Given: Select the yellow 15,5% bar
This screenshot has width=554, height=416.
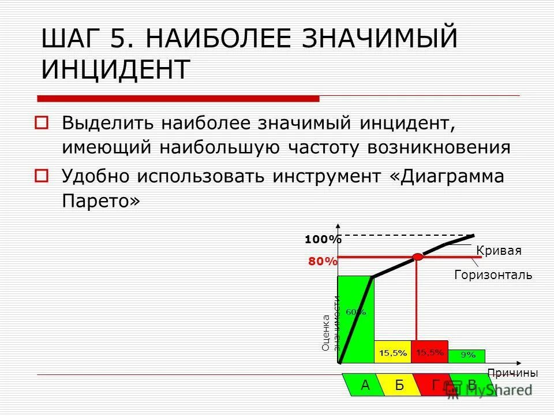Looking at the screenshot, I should pos(393,352).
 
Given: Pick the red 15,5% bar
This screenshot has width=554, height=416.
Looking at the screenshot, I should pos(430,351).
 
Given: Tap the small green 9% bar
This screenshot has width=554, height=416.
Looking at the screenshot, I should pos(467,356).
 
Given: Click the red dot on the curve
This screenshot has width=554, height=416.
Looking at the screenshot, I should pos(418,257).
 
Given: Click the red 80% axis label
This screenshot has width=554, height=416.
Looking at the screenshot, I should pos(322,261).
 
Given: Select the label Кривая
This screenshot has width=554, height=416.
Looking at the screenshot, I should pos(499,251).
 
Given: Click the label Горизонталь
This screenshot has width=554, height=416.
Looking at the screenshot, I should pos(493,275).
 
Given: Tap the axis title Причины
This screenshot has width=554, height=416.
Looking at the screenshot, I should pos(512,373).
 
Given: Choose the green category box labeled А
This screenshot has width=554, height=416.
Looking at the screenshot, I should pos(364,385).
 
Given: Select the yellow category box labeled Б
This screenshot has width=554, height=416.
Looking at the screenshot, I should pos(399,385).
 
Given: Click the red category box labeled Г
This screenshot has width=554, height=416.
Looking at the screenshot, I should pos(434,385).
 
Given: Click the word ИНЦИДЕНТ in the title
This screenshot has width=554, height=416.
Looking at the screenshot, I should pos(115,69).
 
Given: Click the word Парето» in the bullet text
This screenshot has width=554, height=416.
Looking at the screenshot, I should pos(101,201).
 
